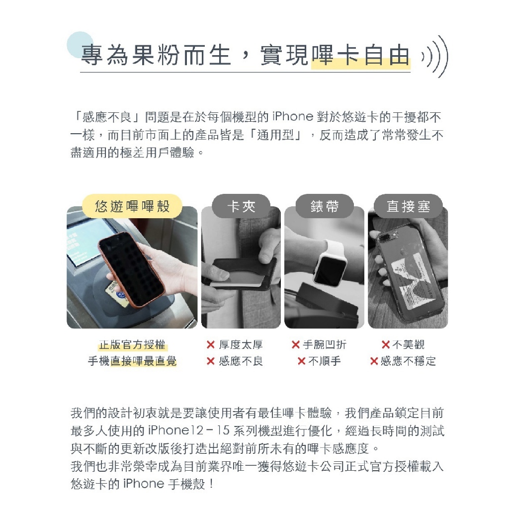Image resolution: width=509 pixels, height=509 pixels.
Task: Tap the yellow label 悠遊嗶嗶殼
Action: click(x=132, y=206)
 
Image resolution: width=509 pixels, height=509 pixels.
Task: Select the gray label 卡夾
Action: click(x=241, y=206)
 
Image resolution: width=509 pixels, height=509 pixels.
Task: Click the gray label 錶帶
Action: click(x=325, y=206)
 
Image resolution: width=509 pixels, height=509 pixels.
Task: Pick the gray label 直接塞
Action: click(x=409, y=206)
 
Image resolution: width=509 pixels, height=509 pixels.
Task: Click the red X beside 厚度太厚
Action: click(x=211, y=345)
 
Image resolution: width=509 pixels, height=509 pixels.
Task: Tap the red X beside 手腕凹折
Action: click(x=295, y=345)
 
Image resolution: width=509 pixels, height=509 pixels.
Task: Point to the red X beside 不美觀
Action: click(x=386, y=345)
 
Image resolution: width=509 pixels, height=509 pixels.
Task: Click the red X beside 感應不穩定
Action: click(x=374, y=361)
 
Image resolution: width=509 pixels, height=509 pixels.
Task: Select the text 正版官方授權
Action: click(x=132, y=345)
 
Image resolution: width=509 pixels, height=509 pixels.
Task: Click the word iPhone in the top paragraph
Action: click(x=293, y=117)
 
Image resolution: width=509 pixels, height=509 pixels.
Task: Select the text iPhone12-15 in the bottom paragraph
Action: click(x=188, y=431)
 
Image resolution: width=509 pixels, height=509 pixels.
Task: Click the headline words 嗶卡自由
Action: click(x=360, y=55)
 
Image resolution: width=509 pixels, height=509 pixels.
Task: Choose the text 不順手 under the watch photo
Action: click(x=325, y=361)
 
